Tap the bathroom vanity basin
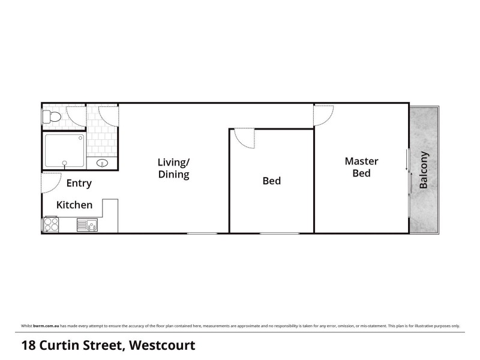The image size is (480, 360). coord(101,163)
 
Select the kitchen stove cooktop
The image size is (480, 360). coord(50,224)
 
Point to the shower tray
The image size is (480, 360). coord(65,150)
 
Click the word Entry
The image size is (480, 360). coord(79,184)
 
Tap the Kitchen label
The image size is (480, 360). coord(74,205)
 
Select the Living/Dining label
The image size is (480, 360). coord(173,168)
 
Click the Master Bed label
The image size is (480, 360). coord(361,167)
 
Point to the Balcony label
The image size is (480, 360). coord(424,170)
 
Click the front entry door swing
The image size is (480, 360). coord(50,182)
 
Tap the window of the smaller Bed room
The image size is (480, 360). coord(279,233)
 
